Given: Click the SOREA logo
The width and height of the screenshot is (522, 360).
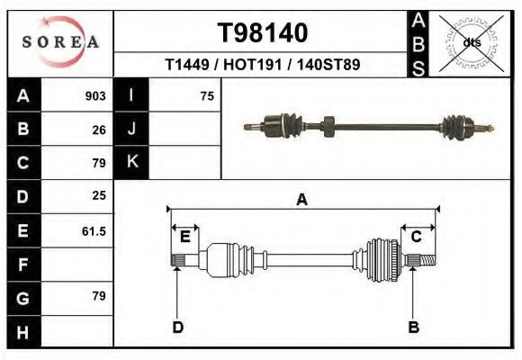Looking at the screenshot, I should [60, 42].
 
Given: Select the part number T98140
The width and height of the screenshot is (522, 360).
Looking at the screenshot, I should [263, 32].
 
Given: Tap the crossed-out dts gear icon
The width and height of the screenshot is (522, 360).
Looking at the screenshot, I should [471, 42].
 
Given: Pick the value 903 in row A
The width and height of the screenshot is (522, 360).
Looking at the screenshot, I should [95, 95].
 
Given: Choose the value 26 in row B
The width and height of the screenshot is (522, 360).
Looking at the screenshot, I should [99, 129].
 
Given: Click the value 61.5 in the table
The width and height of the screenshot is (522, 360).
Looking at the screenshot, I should [94, 230].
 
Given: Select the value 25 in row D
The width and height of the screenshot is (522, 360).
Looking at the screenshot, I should [99, 195].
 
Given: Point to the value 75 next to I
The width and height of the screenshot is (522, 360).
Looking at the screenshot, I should [207, 95].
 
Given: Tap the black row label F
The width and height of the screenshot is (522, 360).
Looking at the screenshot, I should [22, 265].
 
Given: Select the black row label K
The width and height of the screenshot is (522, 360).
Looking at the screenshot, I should [132, 162].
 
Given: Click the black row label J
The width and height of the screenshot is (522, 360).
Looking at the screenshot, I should [132, 129].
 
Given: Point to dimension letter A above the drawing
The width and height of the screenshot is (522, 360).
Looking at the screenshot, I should [302, 200].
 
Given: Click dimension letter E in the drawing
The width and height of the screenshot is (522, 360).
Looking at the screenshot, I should [184, 237].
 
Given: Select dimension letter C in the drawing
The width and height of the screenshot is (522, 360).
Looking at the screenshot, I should [417, 237].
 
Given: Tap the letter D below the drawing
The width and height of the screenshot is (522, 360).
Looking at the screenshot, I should [178, 327].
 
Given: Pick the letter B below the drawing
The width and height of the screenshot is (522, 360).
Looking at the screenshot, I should [414, 327].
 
